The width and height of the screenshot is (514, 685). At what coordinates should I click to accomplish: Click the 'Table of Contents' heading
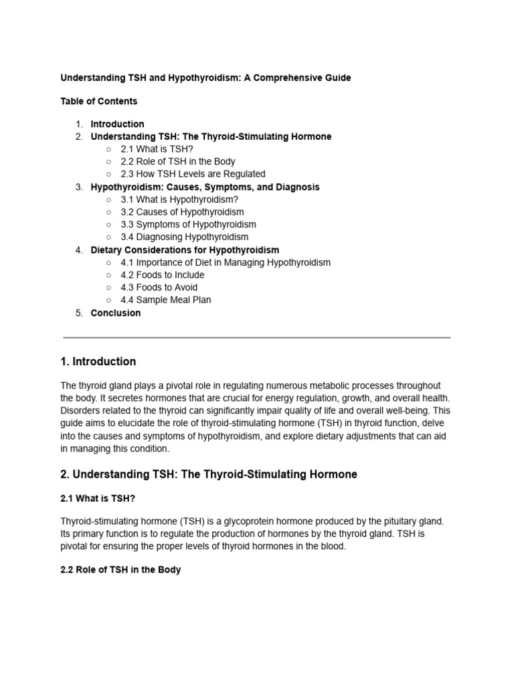click(x=98, y=102)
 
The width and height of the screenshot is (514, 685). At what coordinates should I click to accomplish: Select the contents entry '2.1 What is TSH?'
click(x=157, y=149)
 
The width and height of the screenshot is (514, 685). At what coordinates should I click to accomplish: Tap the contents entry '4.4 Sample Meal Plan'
click(x=165, y=300)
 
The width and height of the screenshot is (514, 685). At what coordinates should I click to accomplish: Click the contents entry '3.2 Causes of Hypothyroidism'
click(x=182, y=212)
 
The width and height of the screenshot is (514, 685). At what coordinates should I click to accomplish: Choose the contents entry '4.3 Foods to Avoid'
click(x=159, y=288)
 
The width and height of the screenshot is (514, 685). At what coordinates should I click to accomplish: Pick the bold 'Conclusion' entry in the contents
click(x=116, y=313)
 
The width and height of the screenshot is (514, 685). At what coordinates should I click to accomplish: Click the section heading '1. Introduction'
click(x=98, y=362)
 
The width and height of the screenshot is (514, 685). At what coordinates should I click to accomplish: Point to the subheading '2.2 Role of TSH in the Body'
click(x=120, y=571)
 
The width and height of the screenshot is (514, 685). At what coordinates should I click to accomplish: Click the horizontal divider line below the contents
click(x=256, y=338)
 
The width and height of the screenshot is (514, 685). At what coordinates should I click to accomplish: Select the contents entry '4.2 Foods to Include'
click(x=163, y=275)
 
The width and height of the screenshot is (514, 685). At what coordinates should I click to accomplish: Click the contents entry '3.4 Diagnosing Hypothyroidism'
click(x=184, y=237)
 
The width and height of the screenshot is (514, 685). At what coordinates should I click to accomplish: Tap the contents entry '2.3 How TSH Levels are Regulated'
click(x=193, y=174)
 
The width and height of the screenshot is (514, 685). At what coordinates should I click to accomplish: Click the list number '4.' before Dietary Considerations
click(x=79, y=250)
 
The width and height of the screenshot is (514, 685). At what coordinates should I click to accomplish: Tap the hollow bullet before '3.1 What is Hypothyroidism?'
click(x=109, y=200)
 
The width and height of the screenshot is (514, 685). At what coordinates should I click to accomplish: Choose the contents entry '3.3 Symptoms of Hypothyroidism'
click(x=188, y=225)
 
